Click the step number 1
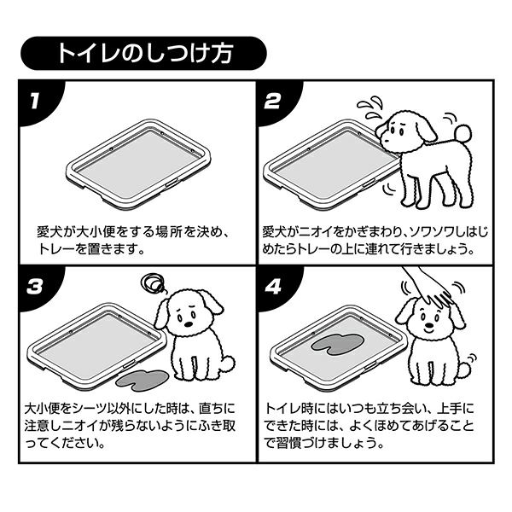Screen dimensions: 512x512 (35, 102)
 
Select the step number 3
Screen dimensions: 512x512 (35, 287)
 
